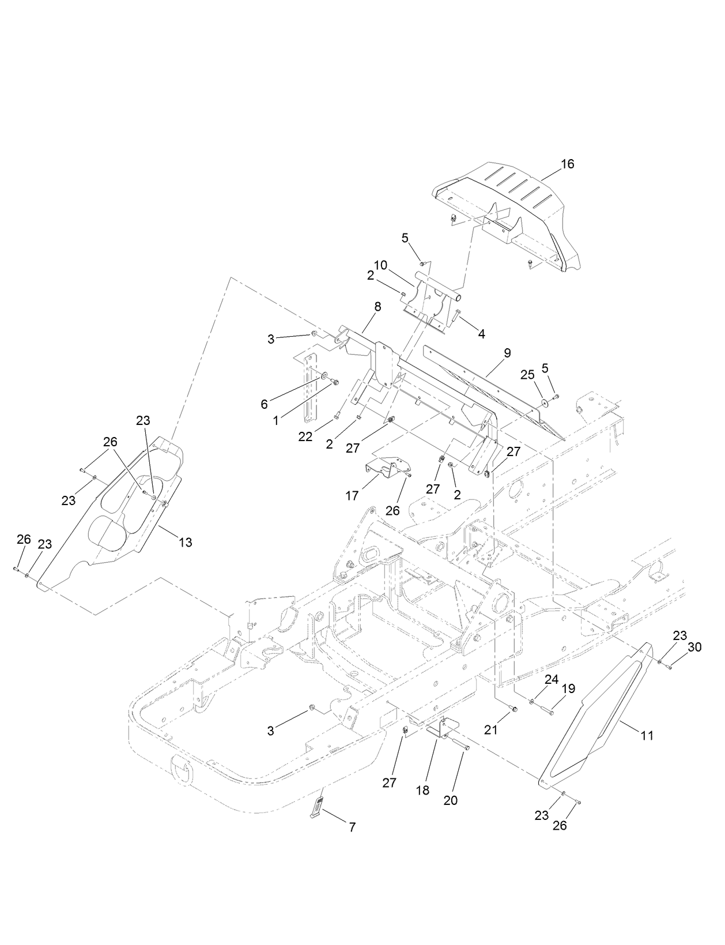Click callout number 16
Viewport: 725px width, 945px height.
point(567,164)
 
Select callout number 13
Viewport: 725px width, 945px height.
point(185,542)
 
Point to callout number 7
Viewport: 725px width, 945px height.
point(352,827)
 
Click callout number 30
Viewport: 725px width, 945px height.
point(694,647)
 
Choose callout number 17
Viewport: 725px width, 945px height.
point(352,495)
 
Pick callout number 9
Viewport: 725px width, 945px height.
point(507,353)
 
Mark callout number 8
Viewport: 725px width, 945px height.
point(377,307)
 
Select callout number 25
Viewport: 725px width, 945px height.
point(527,375)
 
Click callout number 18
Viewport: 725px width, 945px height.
point(422,790)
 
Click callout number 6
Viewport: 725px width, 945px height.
point(264,404)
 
